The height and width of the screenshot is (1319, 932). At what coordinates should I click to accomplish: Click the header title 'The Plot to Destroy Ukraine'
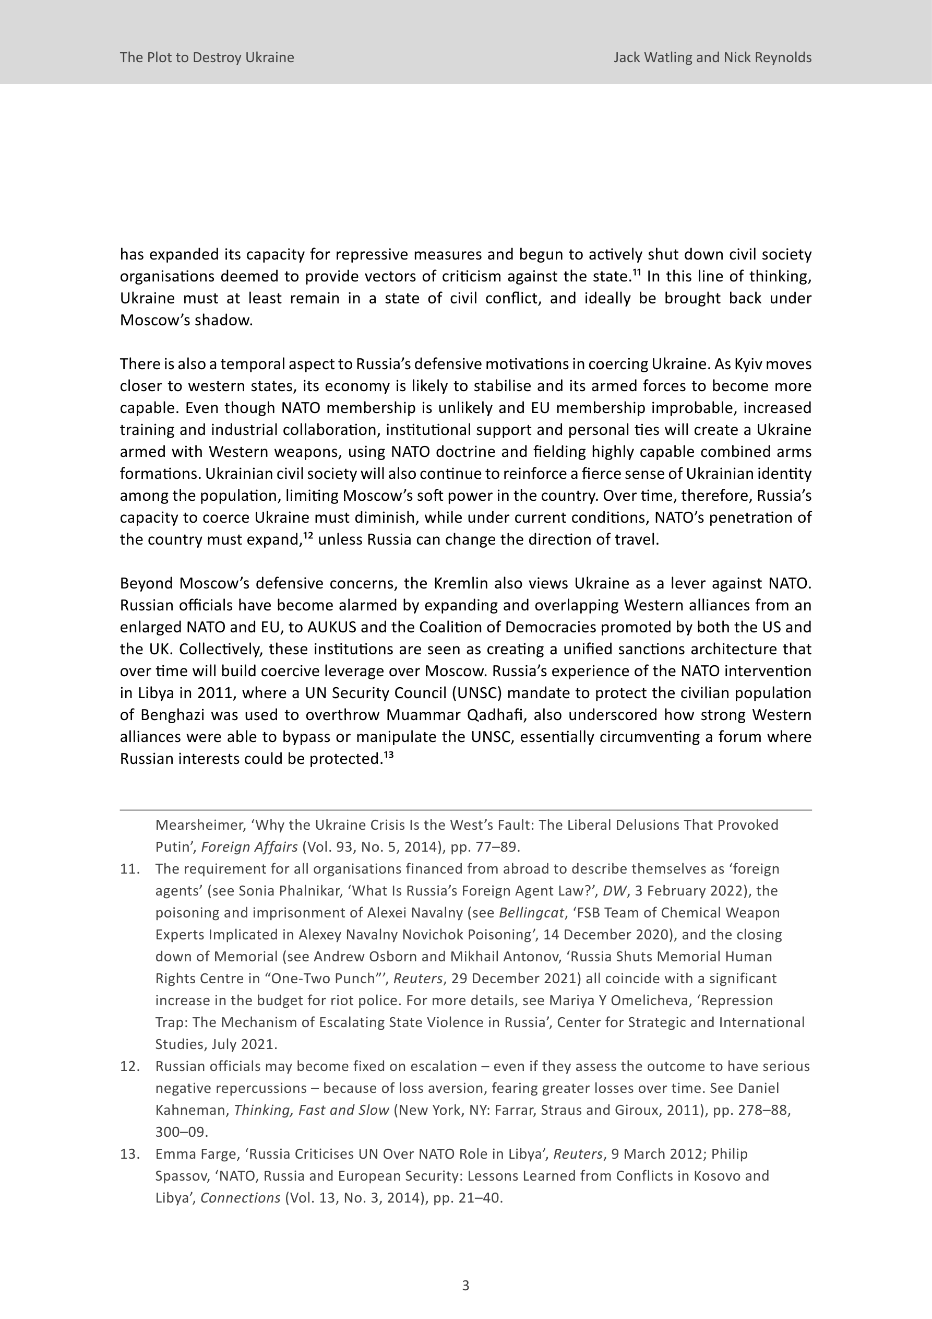point(207,57)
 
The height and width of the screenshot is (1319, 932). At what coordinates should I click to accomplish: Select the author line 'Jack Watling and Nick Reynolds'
point(712,57)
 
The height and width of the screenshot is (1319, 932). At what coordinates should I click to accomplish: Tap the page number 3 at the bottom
point(465,1286)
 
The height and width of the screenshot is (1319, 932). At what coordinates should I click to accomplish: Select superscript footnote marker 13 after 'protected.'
point(388,755)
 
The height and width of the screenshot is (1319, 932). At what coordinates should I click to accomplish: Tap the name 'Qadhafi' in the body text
point(509,715)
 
